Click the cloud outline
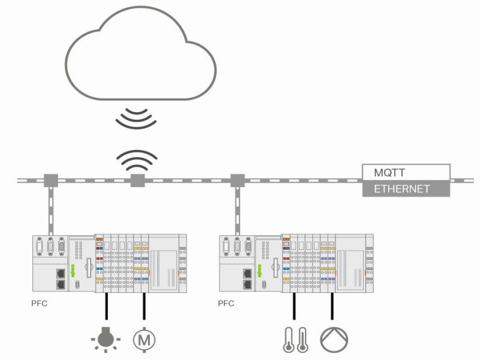click(66, 64)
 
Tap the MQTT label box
click(406, 172)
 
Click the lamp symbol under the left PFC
click(106, 339)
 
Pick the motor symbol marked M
click(144, 340)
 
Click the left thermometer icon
click(289, 340)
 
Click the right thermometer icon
click(302, 340)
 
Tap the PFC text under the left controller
click(39, 304)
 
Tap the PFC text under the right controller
click(226, 304)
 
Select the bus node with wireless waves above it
click(138, 181)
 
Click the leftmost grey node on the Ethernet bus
click(51, 181)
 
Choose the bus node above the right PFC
click(238, 181)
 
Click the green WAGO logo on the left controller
click(73, 271)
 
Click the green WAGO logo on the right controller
click(260, 271)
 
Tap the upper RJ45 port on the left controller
click(61, 273)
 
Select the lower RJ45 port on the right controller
click(247, 284)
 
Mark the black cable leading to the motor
click(144, 306)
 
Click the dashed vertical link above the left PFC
click(51, 211)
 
